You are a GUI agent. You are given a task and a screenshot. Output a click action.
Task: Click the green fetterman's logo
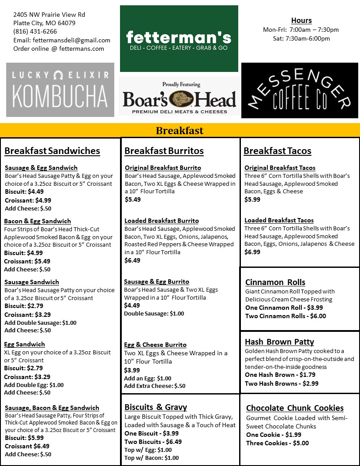[179, 39]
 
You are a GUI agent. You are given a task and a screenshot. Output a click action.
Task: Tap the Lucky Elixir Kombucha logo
[60, 90]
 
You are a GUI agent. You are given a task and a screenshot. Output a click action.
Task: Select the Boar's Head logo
[179, 97]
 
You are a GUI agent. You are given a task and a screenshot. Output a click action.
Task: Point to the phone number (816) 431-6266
[35, 31]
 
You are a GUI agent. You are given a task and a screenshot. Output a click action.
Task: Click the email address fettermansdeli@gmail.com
[71, 40]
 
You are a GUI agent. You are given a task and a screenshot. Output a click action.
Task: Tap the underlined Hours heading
[301, 20]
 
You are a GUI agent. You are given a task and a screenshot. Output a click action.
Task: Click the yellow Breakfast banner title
[180, 131]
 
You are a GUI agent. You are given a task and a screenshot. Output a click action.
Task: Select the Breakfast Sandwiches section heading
[52, 151]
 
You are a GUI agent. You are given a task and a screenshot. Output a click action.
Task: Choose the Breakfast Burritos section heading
[164, 151]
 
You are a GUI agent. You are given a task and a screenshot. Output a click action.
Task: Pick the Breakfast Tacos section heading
[277, 151]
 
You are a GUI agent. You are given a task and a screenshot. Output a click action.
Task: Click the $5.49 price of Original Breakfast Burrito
[132, 199]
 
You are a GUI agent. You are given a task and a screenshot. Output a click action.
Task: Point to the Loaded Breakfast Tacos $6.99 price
[252, 252]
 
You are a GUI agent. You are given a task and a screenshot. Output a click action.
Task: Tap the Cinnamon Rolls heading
[275, 282]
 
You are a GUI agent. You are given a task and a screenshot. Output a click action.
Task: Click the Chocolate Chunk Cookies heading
[295, 408]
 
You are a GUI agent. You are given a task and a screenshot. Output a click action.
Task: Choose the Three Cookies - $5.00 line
[277, 443]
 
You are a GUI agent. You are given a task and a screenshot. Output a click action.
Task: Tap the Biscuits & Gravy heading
[155, 407]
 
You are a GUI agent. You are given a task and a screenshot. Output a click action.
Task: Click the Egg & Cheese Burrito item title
[155, 345]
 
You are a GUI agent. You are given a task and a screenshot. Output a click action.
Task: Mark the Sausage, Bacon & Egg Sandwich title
[52, 408]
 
